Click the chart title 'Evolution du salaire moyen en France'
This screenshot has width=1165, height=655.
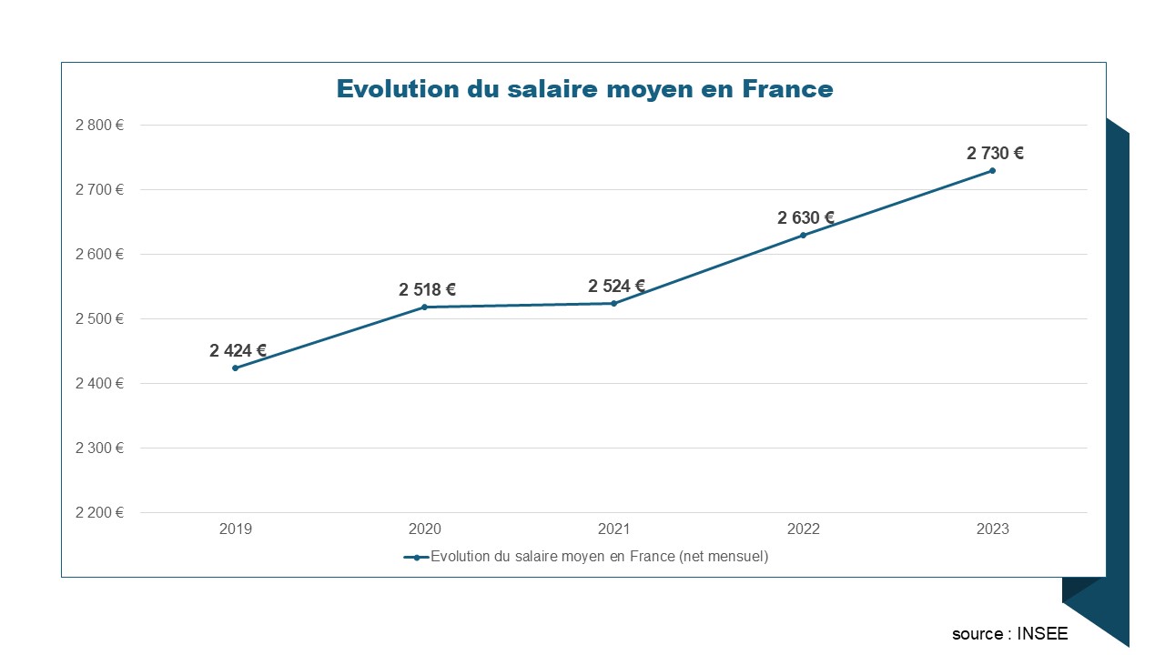coord(584,89)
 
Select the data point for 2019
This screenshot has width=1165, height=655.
coord(236,368)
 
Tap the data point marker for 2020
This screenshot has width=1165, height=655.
coord(425,307)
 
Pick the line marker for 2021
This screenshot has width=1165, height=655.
coord(613,303)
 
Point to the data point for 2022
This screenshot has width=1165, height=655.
coord(803,235)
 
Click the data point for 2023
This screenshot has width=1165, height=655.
coord(992,170)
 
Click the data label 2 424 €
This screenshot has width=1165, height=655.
coord(238,350)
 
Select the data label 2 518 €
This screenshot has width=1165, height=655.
coord(427,290)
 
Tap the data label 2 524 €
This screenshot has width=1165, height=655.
coord(616,287)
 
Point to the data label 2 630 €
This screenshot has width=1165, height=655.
coord(805,218)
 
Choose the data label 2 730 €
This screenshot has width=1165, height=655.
coord(995,154)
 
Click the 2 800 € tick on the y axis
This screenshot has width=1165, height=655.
coord(99,126)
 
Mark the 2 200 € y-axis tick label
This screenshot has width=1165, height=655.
coord(99,512)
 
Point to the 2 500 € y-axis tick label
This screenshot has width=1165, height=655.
coord(99,319)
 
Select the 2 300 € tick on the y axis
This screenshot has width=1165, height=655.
coord(99,448)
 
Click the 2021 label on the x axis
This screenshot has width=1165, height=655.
coord(613,529)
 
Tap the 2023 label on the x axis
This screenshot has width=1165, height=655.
coord(992,529)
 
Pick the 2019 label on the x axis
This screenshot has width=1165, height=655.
coord(236,529)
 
